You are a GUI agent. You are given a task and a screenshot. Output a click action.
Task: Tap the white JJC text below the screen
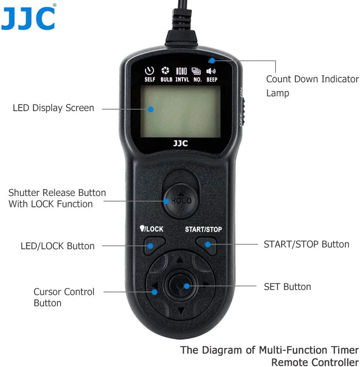click(x=180, y=144)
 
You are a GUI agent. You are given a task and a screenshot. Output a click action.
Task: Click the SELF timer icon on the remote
click(x=150, y=71)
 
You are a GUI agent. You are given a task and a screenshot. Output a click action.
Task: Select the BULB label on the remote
click(x=166, y=80)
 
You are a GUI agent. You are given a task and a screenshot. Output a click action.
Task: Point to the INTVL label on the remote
click(x=181, y=80)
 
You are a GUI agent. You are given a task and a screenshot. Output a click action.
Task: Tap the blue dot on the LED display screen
click(x=151, y=109)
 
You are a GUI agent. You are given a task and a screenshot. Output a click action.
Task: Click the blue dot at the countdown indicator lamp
click(x=212, y=60)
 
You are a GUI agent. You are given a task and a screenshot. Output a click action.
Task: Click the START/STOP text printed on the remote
click(x=203, y=229)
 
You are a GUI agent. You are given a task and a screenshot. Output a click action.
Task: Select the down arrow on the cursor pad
click(x=181, y=310)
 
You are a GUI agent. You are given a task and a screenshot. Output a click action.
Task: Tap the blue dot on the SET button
click(x=186, y=286)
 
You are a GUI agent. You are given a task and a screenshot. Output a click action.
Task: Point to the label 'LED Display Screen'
click(x=53, y=108)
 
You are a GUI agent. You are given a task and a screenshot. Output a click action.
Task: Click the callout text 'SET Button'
click(x=287, y=287)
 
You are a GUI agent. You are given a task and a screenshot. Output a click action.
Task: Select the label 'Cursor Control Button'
click(x=64, y=297)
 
